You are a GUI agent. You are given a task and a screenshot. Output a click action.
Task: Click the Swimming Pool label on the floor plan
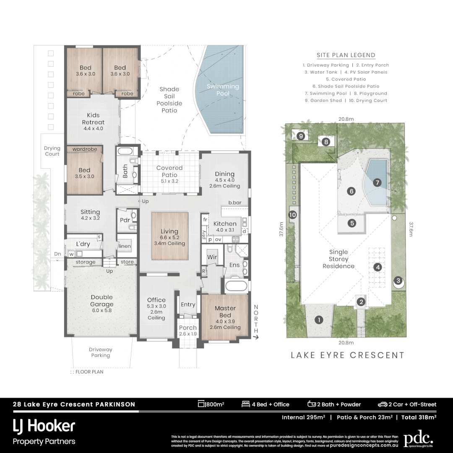(223, 90)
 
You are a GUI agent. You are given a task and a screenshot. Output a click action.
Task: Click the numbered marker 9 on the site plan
(301, 135)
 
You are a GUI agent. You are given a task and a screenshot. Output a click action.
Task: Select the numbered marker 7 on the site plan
(377, 182)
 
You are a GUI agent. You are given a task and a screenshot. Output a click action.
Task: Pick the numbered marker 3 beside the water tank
(398, 281)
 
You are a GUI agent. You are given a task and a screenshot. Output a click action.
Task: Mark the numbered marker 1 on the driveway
(319, 320)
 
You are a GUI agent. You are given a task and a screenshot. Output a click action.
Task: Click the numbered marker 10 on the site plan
(293, 215)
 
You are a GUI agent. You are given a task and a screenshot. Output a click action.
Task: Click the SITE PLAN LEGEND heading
(346, 55)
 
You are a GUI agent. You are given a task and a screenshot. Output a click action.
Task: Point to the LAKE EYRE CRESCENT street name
(348, 355)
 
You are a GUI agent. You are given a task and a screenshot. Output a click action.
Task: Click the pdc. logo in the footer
(418, 439)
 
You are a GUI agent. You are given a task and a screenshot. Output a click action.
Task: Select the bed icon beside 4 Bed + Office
(246, 404)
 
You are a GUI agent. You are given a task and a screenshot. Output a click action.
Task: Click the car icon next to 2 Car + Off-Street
(382, 404)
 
